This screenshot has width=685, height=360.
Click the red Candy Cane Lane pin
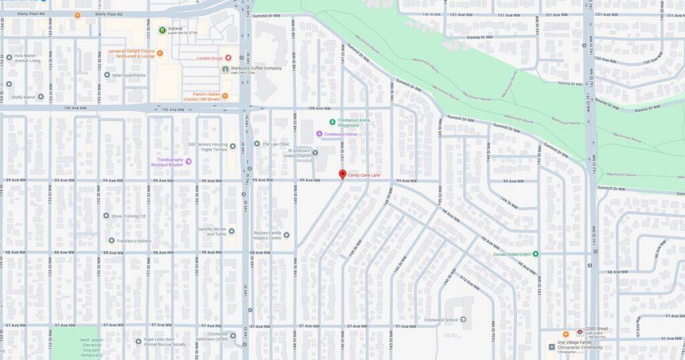pyautogui.click(x=342, y=174)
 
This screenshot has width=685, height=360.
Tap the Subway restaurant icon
pyautogui.click(x=162, y=30)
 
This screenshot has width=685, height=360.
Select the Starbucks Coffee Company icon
pyautogui.click(x=225, y=69)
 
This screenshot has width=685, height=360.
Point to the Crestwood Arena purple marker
pyautogui.click(x=319, y=134)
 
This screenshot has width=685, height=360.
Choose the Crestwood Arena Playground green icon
pyautogui.click(x=332, y=122)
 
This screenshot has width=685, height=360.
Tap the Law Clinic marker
pyautogui.click(x=257, y=143)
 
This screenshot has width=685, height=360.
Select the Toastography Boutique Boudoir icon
pyautogui.click(x=189, y=161)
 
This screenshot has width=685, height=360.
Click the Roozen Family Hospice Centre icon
pyautogui.click(x=286, y=235)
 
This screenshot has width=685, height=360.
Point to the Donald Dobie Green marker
pyautogui.click(x=535, y=254)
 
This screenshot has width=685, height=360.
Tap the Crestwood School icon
pyautogui.click(x=463, y=320)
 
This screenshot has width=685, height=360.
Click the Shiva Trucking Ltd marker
pyautogui.click(x=106, y=215)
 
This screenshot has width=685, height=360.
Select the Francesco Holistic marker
pyautogui.click(x=112, y=240)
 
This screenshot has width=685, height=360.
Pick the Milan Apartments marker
pyautogui.click(x=107, y=75)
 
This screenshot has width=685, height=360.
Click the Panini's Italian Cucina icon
pyautogui.click(x=226, y=94)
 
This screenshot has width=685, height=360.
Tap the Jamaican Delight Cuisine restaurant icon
pyautogui.click(x=160, y=53)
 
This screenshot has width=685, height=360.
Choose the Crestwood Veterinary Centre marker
pyautogui.click(x=233, y=335)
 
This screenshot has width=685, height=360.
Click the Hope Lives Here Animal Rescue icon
pyautogui.click(x=138, y=341)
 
